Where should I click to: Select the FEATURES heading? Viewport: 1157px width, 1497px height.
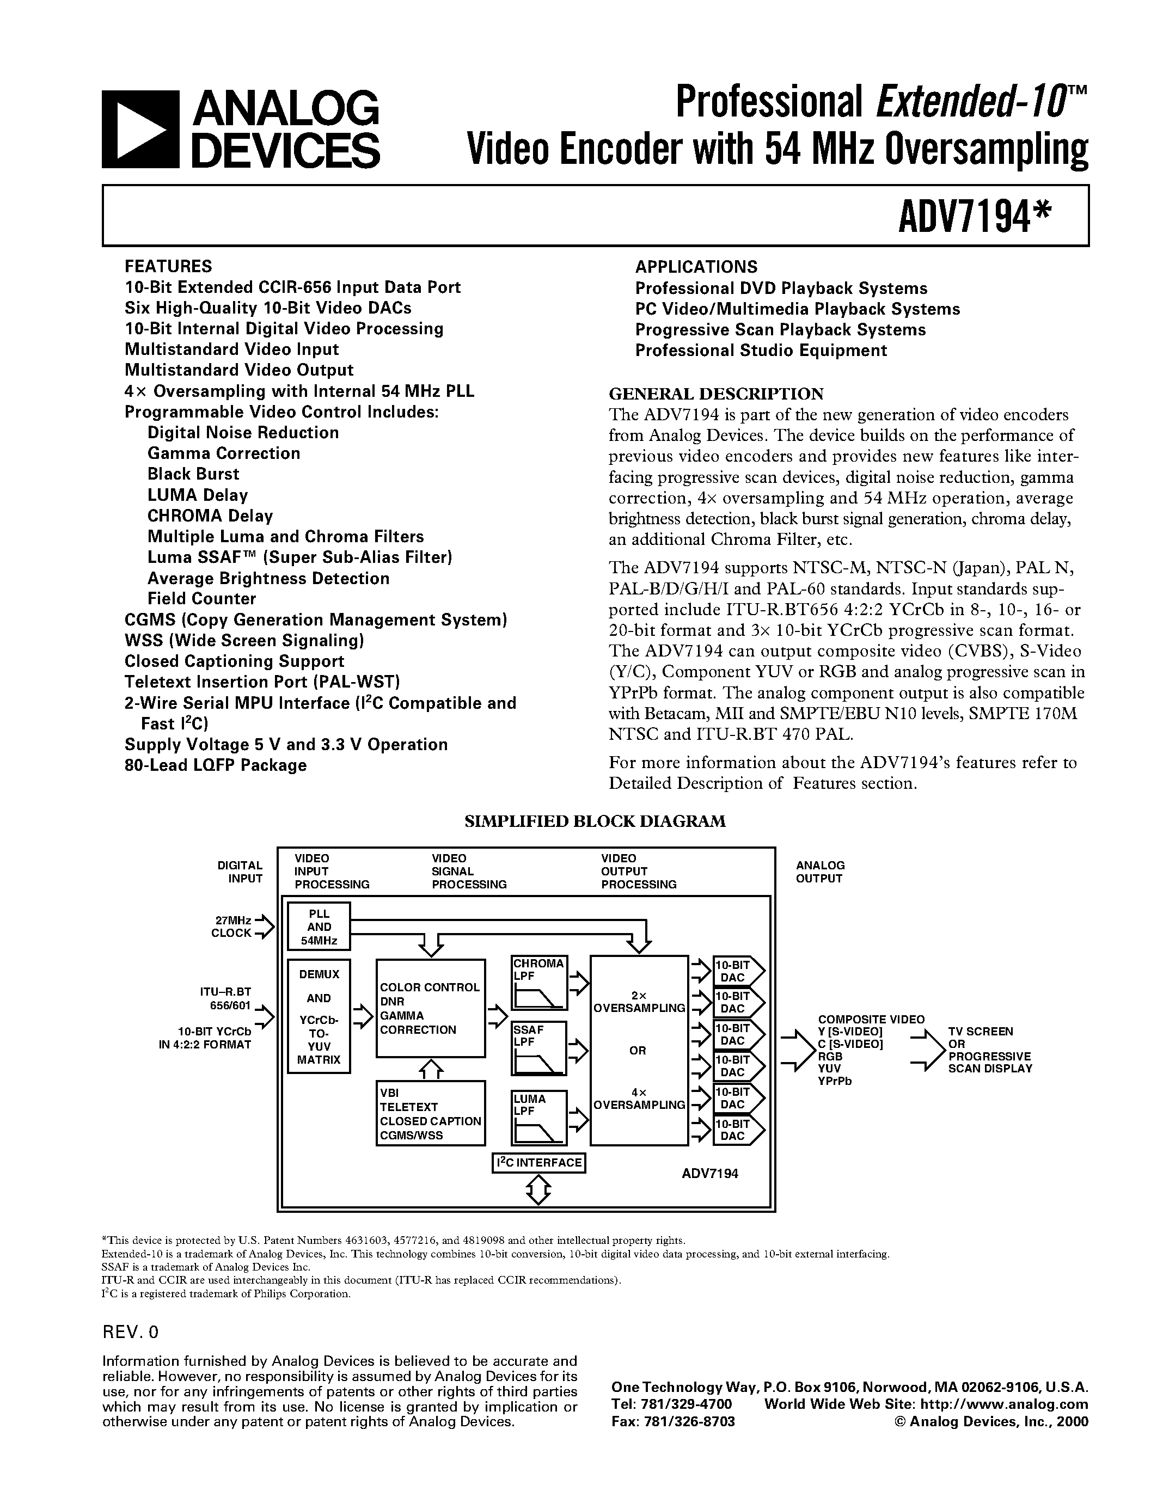click(x=168, y=266)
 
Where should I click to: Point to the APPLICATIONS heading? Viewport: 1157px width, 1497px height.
click(x=696, y=267)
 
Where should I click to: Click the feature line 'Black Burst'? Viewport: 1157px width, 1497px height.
click(x=193, y=474)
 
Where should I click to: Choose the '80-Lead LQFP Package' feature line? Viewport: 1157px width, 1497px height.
click(x=215, y=765)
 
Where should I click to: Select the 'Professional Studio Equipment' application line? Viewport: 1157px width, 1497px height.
click(x=761, y=350)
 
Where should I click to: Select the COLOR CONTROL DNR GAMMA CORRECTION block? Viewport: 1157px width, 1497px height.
click(x=430, y=1008)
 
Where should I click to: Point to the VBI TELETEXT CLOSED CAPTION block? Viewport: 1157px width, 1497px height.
click(x=430, y=1113)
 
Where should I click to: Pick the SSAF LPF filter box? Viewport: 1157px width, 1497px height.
click(x=538, y=1048)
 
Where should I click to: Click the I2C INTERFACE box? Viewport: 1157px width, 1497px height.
click(x=538, y=1163)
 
